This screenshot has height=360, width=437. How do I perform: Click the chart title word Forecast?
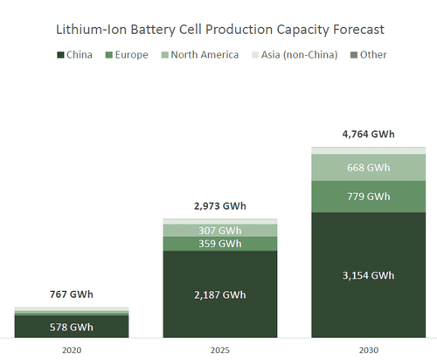tap(355, 30)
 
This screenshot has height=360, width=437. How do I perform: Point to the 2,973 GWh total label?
tap(219, 206)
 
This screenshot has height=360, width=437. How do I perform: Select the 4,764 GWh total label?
tap(368, 135)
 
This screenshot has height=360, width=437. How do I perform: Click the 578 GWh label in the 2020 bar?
tap(71, 327)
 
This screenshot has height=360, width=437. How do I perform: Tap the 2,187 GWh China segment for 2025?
tap(219, 295)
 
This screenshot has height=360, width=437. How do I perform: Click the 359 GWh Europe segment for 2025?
tap(219, 244)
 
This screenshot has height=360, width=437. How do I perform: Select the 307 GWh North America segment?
tap(219, 230)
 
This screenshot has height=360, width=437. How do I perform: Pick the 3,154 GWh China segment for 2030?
tap(368, 275)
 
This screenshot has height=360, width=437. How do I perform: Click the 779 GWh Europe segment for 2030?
tap(368, 197)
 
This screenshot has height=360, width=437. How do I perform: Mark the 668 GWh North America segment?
tap(368, 167)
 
